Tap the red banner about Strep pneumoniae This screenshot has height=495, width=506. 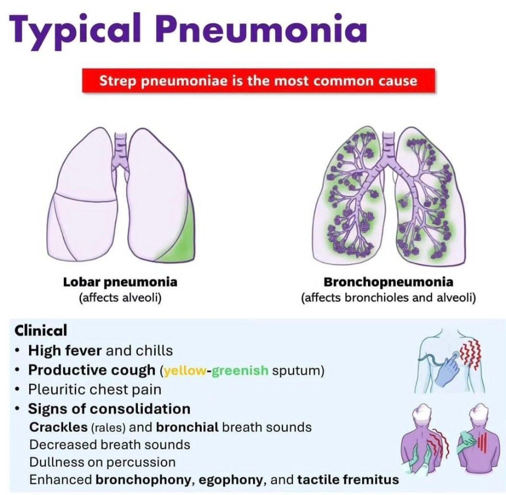258,80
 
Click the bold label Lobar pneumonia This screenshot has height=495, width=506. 120,282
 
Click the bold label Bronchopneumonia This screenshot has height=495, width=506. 388,282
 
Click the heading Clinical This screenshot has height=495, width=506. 41,330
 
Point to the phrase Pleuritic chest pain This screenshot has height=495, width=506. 94,390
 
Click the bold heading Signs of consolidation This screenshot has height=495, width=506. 109,409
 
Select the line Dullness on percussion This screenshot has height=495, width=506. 102,462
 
